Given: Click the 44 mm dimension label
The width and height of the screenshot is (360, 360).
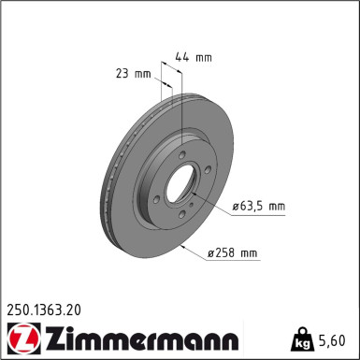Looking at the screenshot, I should [194, 57].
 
